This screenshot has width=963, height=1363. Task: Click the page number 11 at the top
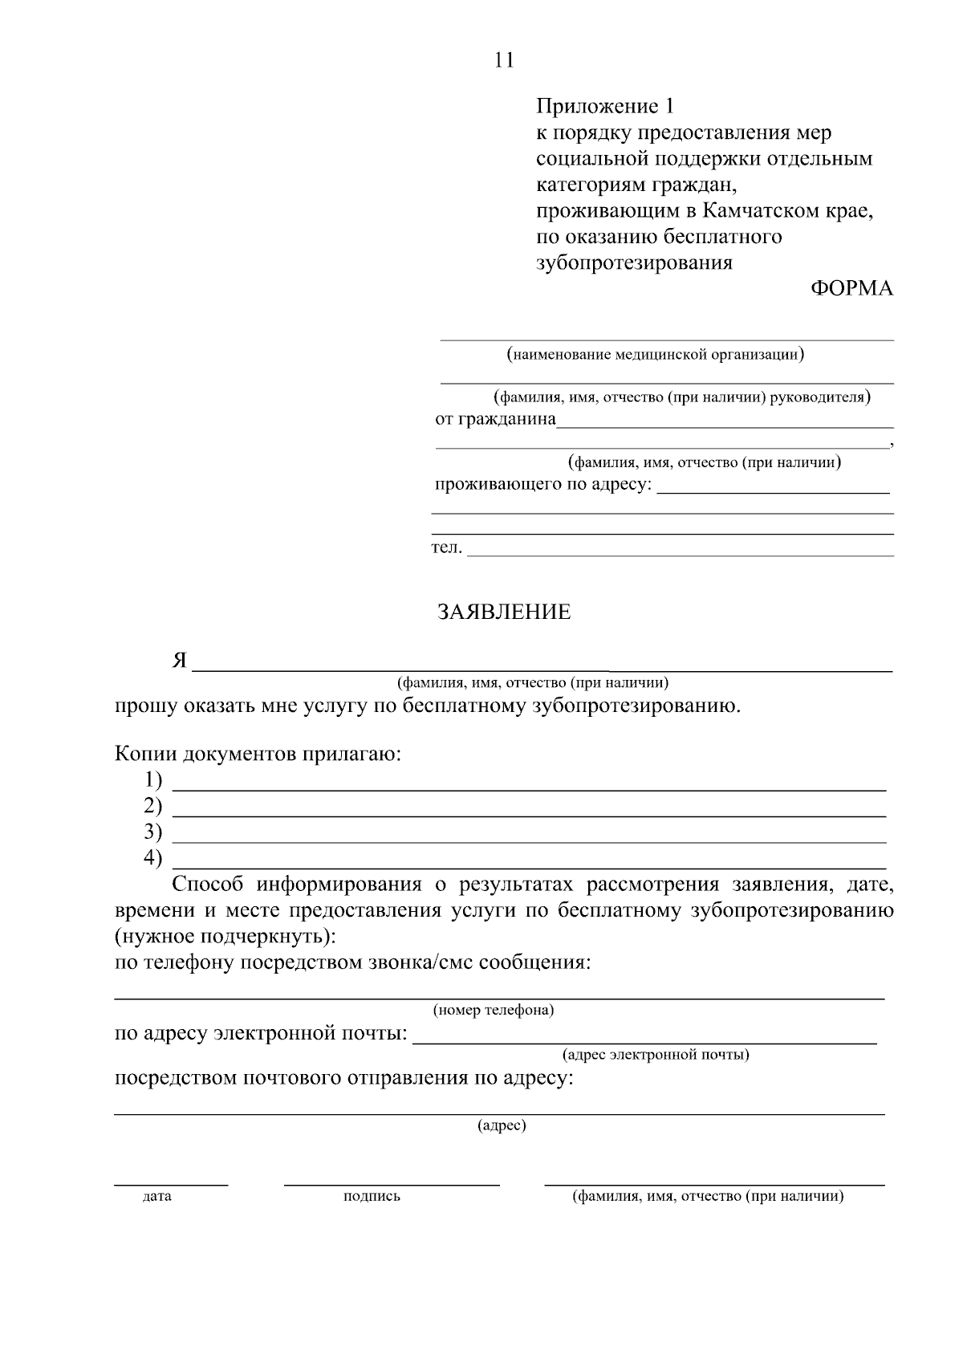[504, 61]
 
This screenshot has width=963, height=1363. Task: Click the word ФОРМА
[851, 289]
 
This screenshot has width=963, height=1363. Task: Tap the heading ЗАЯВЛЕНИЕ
[504, 612]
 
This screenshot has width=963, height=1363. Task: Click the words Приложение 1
[606, 106]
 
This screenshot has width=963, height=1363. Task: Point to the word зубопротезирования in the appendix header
[634, 262]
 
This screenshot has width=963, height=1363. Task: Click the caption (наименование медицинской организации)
[655, 354]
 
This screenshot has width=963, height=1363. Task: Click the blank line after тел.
[681, 554]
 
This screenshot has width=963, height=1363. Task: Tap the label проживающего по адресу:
[543, 485]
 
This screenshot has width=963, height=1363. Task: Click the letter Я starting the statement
[179, 661]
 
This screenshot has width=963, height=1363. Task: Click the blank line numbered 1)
[530, 790]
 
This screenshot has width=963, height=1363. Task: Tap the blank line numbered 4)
[530, 867]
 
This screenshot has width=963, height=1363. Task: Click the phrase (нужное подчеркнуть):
[226, 936]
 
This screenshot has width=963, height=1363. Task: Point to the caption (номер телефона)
[494, 1010]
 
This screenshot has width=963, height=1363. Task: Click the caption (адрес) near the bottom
[502, 1125]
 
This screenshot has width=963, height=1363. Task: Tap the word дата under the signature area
[156, 1197]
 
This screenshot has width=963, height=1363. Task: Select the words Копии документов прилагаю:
[258, 755]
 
